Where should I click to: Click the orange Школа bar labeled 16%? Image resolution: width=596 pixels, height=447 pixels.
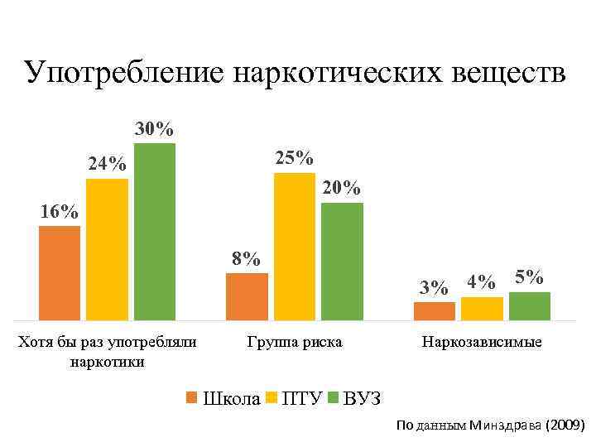point(60,272)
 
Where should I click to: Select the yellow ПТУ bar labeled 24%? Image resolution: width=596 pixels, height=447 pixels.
point(107,249)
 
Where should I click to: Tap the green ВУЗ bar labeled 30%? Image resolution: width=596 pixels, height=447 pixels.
point(155,231)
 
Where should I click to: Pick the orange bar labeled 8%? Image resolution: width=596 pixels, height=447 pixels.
point(247,296)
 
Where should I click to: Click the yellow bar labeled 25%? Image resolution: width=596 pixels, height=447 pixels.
point(295,246)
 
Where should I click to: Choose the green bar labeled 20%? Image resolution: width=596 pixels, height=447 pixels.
point(342,261)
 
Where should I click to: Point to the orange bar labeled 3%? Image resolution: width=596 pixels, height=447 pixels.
point(435,310)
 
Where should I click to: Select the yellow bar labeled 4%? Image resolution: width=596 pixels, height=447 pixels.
point(482,308)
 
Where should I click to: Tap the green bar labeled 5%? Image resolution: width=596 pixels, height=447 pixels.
point(530,305)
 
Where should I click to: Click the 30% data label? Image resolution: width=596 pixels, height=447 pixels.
point(155,129)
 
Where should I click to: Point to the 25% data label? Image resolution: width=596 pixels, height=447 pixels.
point(294,157)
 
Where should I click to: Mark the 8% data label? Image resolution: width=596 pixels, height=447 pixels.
point(246,258)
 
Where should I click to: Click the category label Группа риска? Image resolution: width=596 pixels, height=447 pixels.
point(294,342)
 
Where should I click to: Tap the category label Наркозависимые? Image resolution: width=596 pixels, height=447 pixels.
point(482,342)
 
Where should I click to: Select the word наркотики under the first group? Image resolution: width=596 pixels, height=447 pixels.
point(108,361)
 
